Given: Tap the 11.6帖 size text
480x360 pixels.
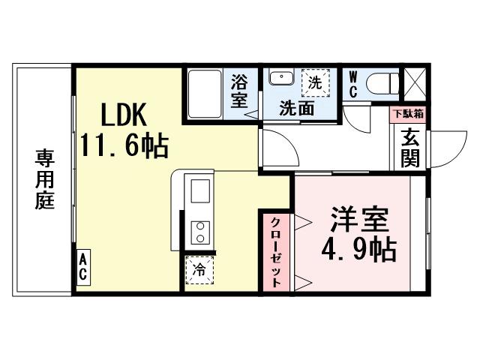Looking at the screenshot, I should (125, 144).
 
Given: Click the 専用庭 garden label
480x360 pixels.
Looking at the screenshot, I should (44, 180).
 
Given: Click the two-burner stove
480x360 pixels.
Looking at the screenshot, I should (201, 232).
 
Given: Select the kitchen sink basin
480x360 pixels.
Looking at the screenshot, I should (201, 193).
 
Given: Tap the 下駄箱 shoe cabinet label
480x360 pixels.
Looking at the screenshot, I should (409, 115).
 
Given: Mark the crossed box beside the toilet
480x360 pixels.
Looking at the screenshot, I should (413, 81).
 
